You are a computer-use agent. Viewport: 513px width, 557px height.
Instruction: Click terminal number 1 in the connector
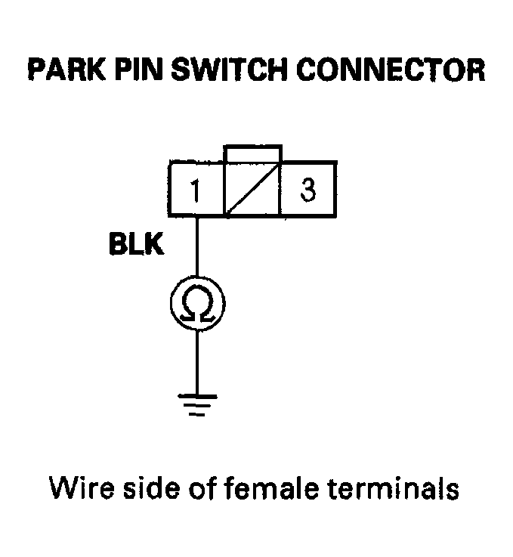(196, 188)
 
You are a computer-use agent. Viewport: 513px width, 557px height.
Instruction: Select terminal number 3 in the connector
(307, 188)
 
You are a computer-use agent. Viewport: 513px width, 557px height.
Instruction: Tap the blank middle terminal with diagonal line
(252, 189)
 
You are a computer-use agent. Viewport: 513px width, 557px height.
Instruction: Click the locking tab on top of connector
(253, 153)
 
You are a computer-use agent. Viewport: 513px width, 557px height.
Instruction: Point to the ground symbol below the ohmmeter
(197, 406)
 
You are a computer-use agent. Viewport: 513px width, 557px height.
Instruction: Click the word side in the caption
(150, 488)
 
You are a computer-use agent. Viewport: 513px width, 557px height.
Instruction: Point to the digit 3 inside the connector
(307, 190)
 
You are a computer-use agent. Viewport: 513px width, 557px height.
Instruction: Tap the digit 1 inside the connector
(195, 190)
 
